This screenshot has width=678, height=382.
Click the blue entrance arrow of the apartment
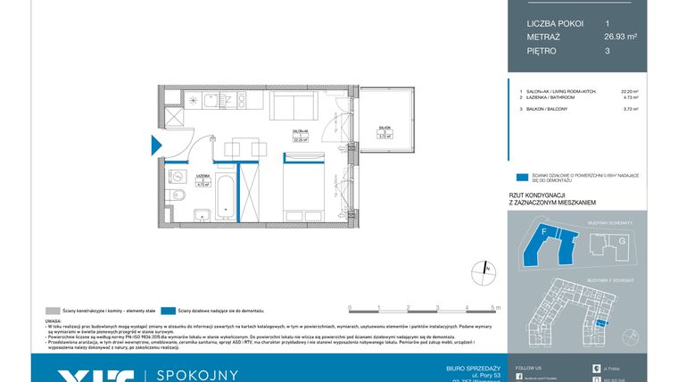tap(155, 145)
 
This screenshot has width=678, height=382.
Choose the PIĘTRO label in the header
tap(542, 52)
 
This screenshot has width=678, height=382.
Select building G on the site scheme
tap(623, 240)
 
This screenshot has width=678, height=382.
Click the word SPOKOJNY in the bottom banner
tap(198, 374)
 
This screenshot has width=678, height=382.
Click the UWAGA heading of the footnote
tap(53, 320)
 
